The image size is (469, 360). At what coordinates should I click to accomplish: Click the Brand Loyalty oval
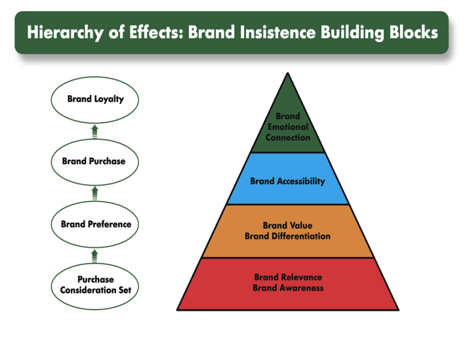pos(95,100)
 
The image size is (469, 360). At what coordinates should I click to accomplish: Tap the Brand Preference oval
pos(96,224)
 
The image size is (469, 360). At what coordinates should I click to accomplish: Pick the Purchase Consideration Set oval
pos(95,285)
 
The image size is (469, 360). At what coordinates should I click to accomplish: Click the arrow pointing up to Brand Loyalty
pos(94,131)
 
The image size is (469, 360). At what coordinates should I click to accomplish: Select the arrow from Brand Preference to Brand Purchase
pos(94,193)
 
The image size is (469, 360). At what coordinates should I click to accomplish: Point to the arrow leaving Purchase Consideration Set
pos(94,254)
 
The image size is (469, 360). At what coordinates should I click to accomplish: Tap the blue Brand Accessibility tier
pos(287,181)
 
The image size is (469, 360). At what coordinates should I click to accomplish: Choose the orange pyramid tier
pos(287,231)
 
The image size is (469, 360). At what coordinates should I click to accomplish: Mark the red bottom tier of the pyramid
pos(287,283)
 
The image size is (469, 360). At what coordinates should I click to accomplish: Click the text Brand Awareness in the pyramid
pos(287,288)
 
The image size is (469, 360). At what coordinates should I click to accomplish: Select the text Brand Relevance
pos(287,277)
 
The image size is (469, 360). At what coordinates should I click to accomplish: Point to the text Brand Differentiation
pos(287,236)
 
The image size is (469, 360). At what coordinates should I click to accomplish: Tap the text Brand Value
pos(287,225)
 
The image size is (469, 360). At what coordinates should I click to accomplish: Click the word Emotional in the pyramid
pos(287,127)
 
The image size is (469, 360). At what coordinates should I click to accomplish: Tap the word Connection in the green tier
pos(287,138)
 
